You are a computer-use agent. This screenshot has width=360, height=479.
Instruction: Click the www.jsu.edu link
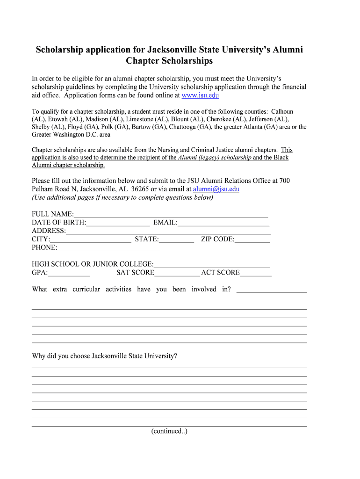200,95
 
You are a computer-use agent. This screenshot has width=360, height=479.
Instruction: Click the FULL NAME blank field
171,214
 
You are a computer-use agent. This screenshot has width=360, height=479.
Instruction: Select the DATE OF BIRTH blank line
118,223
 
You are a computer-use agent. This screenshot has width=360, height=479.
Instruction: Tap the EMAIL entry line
223,223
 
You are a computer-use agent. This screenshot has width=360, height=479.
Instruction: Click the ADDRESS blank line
168,231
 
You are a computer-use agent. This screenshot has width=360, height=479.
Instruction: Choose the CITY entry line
91,239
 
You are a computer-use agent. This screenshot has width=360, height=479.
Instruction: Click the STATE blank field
176,239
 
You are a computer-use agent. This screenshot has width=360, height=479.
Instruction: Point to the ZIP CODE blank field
252,239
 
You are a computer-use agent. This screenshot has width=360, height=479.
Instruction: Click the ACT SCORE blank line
255,273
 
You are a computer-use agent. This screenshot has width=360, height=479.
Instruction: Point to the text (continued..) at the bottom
169,431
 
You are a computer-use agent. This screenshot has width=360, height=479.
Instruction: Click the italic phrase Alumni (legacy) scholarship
215,158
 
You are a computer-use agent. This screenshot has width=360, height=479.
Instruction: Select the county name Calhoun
282,112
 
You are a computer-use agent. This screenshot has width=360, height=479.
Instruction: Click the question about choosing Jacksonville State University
105,356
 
